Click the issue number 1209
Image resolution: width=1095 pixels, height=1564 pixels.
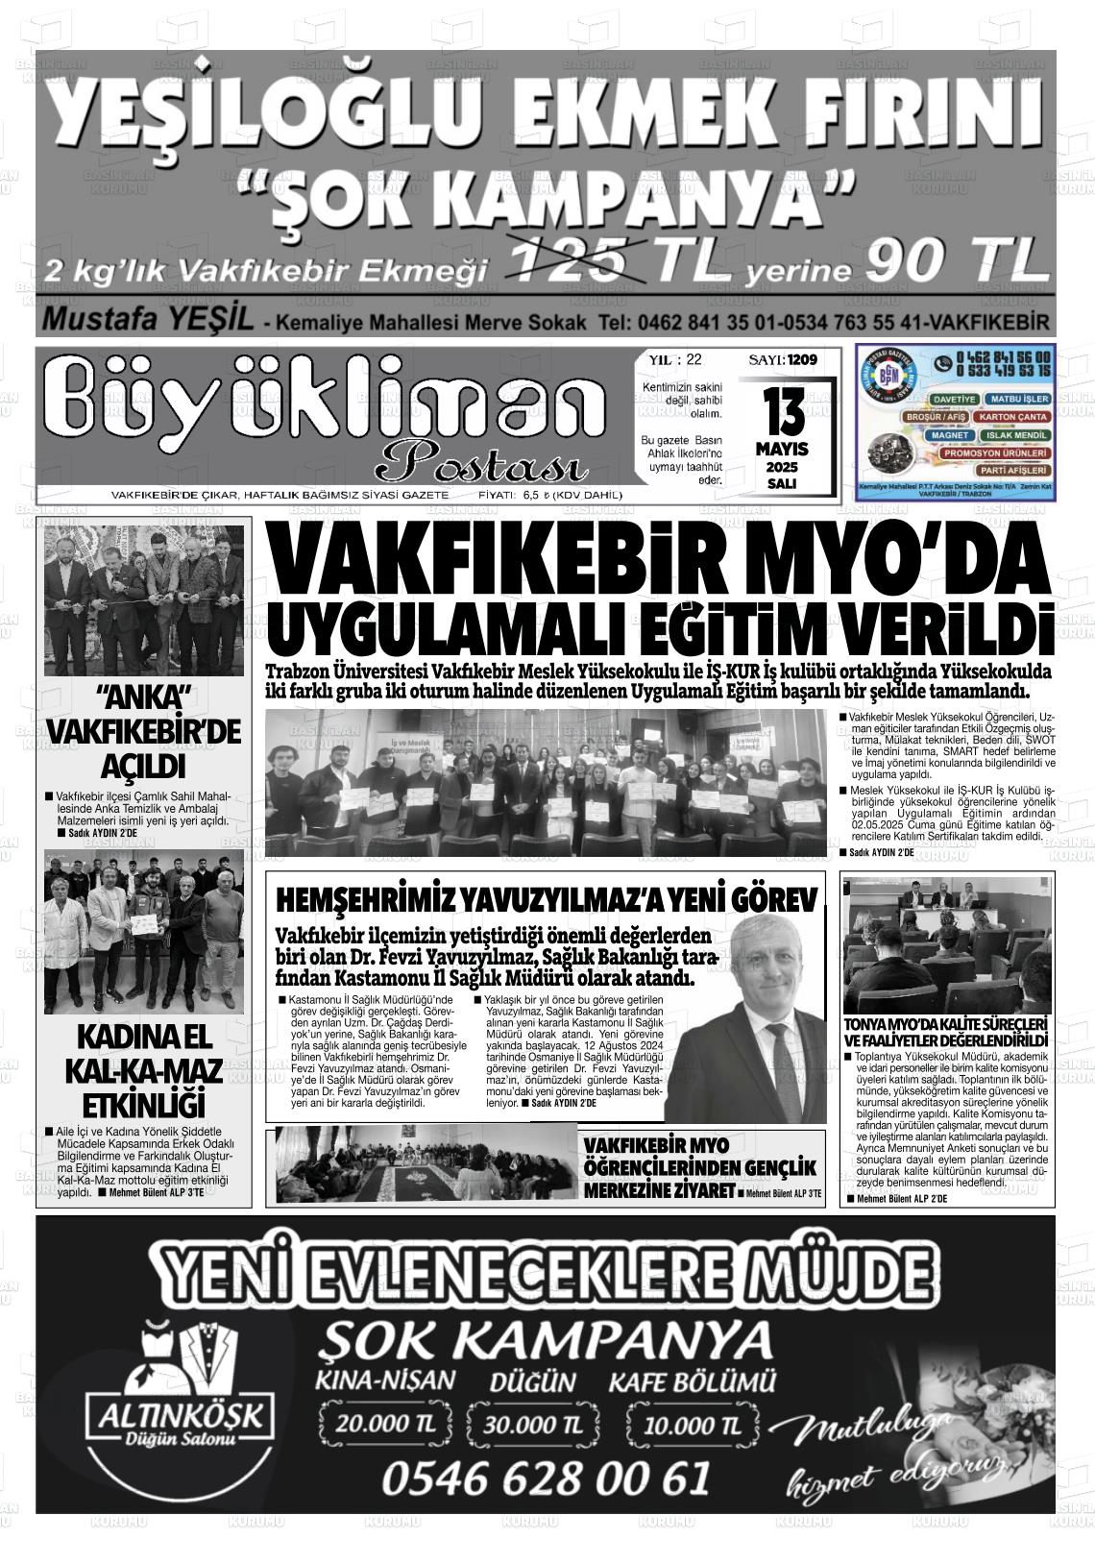[x=801, y=359]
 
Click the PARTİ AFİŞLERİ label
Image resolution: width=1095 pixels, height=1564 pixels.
[x=1012, y=471]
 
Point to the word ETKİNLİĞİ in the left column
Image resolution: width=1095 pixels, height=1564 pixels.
[x=145, y=1102]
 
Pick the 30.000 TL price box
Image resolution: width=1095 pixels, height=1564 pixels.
[x=533, y=1423]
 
